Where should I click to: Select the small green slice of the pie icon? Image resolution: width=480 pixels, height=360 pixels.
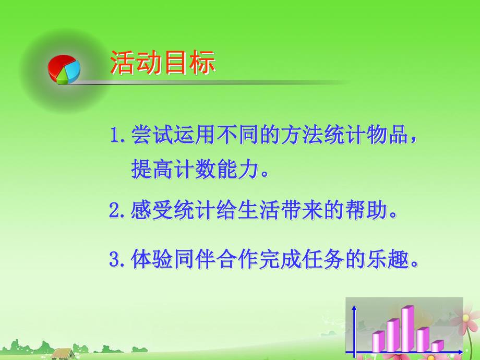pyautogui.click(x=63, y=78)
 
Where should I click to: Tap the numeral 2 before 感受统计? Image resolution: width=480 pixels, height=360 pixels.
pyautogui.click(x=115, y=211)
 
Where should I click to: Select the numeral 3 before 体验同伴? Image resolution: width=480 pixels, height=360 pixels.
pyautogui.click(x=115, y=259)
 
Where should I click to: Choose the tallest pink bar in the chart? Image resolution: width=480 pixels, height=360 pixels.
pyautogui.click(x=407, y=329)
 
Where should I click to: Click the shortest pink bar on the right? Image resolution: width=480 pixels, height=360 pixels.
pyautogui.click(x=437, y=345)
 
